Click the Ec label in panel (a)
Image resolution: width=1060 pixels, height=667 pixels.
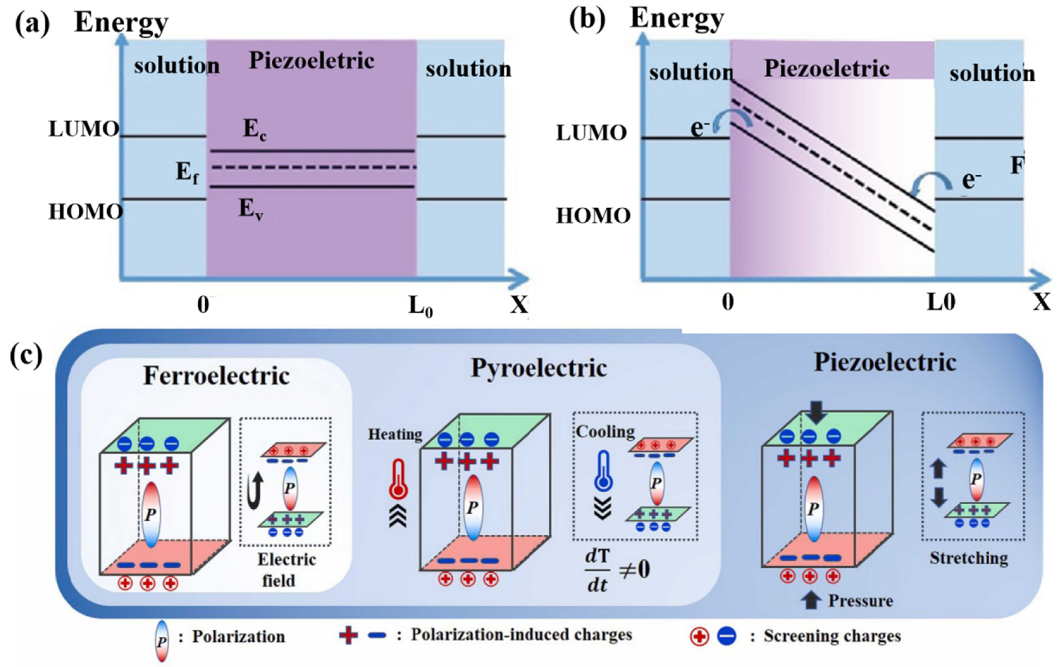(255, 130)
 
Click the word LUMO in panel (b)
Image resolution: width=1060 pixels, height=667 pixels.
(591, 133)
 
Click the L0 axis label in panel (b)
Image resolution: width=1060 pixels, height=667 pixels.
(941, 303)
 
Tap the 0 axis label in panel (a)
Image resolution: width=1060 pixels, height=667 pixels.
(203, 305)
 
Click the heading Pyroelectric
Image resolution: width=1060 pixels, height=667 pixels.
(539, 368)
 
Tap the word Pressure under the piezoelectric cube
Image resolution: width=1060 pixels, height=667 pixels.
(860, 601)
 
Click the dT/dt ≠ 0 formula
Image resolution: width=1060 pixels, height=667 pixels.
(616, 570)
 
